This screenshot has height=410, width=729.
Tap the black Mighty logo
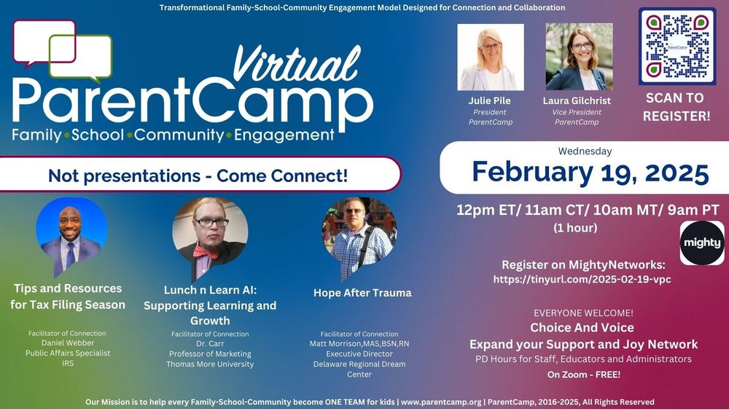pos(702,243)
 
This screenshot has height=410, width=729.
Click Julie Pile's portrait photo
pos(490,57)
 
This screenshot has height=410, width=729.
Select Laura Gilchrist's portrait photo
pos(579,57)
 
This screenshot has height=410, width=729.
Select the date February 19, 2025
pos(590,173)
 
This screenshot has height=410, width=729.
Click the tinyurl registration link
pos(582,279)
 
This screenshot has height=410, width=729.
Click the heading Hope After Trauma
pos(362,293)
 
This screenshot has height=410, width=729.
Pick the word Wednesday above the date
pos(585,151)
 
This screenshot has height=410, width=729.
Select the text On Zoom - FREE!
pos(583,374)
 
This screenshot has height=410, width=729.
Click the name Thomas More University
pos(210,364)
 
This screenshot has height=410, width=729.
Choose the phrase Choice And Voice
pos(582,328)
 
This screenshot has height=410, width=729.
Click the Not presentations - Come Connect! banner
pos(197,176)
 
